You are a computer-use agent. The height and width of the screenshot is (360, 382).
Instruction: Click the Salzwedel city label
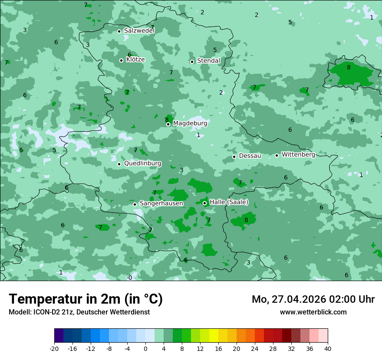139,31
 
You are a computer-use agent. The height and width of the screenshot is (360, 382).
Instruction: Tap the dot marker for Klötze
122,60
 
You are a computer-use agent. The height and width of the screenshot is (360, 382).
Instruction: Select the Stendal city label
209,61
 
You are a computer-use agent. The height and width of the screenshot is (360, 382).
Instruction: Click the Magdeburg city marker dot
168,124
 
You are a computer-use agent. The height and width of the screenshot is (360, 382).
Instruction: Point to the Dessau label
250,156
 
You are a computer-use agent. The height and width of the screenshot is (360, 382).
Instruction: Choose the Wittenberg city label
298,154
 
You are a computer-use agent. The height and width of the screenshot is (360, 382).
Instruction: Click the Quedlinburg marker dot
119,164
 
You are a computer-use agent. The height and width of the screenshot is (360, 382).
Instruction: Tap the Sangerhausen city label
161,203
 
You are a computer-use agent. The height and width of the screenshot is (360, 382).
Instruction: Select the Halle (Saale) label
229,202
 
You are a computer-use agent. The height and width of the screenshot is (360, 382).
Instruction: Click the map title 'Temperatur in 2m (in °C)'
86,299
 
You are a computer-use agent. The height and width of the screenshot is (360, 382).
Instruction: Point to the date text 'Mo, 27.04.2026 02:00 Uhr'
313,299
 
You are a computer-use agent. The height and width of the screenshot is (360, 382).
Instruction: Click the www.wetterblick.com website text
313,312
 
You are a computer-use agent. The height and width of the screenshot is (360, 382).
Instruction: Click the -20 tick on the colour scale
54,348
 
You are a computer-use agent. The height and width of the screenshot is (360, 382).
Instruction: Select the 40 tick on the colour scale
328,348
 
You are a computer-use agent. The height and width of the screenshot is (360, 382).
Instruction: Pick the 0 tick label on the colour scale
145,348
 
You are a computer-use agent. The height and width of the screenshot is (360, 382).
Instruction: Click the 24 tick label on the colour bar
255,348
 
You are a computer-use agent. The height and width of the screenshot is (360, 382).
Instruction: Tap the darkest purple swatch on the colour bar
59,336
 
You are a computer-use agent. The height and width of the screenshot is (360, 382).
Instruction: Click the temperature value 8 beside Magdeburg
167,120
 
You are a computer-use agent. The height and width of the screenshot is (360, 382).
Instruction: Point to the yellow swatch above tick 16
214,336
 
